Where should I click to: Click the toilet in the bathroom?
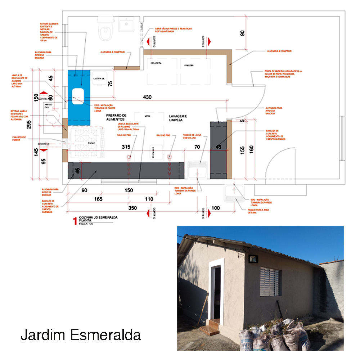click(x=105, y=29)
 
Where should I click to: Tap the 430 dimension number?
click(x=147, y=97)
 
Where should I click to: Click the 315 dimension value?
click(x=126, y=147)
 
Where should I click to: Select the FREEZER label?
click(x=189, y=66)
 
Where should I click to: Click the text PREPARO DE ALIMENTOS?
click(x=115, y=117)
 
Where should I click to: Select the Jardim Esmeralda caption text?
click(x=81, y=335)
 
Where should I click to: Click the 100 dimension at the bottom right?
click(x=216, y=208)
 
